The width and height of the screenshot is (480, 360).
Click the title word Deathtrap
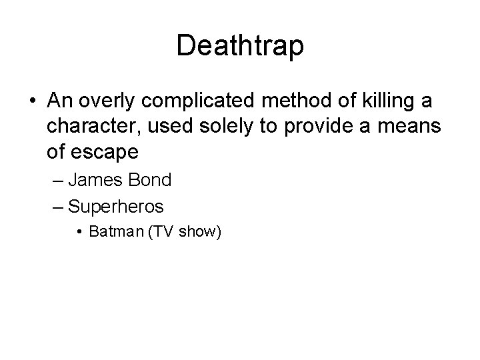click(240, 46)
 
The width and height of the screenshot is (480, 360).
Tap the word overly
click(103, 102)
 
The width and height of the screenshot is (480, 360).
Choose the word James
click(94, 180)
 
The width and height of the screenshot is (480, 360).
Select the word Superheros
click(116, 206)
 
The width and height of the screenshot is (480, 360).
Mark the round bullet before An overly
click(33, 103)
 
